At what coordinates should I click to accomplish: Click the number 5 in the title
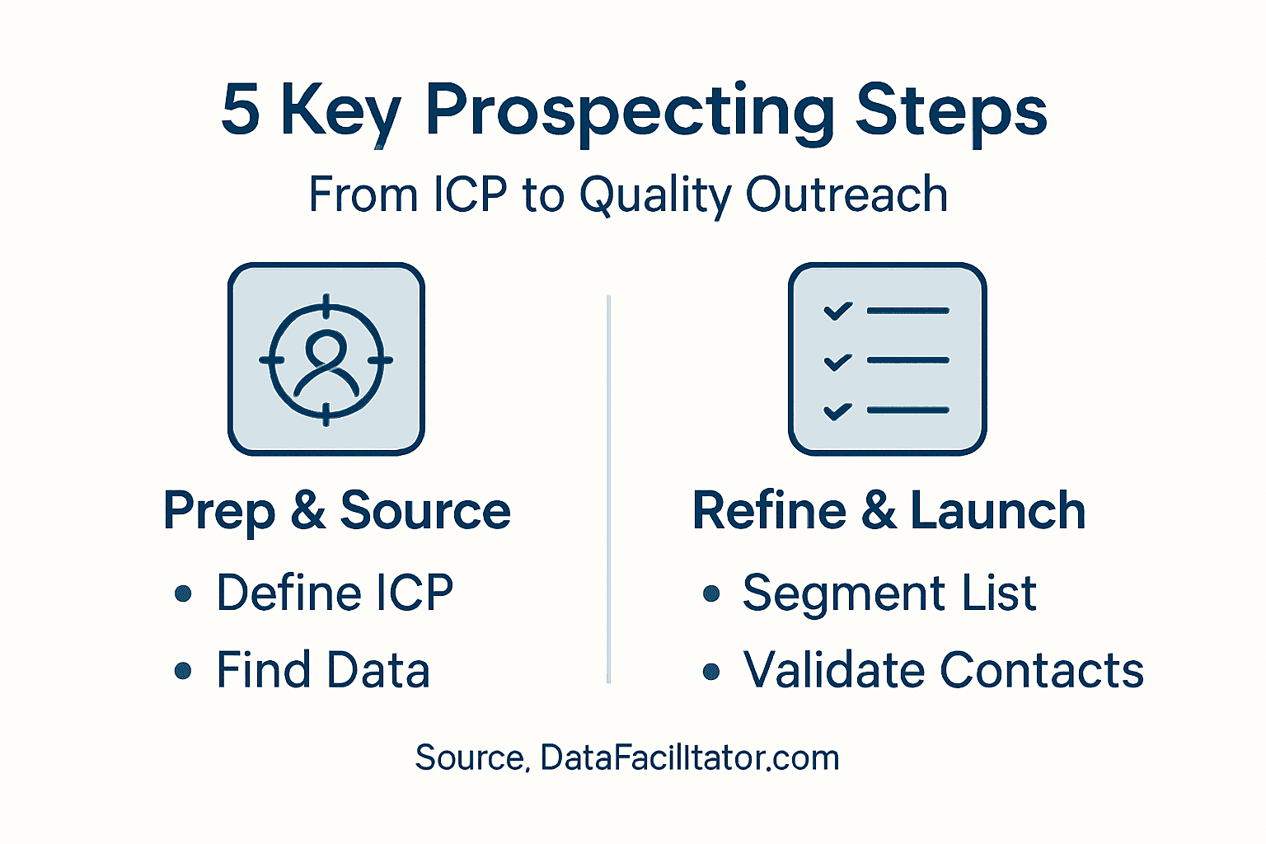click(x=241, y=110)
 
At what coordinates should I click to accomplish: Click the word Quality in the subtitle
click(x=656, y=196)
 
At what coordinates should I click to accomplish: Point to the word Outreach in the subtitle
click(x=846, y=195)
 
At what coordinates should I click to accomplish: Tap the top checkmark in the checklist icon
click(x=838, y=311)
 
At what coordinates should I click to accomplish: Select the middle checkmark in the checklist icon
click(x=838, y=361)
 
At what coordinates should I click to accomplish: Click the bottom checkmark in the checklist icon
click(x=838, y=410)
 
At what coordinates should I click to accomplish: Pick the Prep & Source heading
click(x=337, y=511)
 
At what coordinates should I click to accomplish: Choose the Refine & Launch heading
click(x=889, y=511)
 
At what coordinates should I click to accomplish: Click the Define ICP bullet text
click(x=335, y=593)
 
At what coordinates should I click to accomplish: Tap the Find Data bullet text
click(x=323, y=669)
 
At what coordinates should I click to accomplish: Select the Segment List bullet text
click(x=889, y=593)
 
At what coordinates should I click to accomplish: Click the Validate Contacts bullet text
click(x=943, y=669)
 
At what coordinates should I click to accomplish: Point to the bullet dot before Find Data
click(x=183, y=671)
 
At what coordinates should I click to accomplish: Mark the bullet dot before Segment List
click(x=711, y=593)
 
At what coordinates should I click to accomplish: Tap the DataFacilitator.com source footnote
click(x=627, y=757)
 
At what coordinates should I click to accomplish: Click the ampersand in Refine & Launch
click(x=879, y=511)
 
